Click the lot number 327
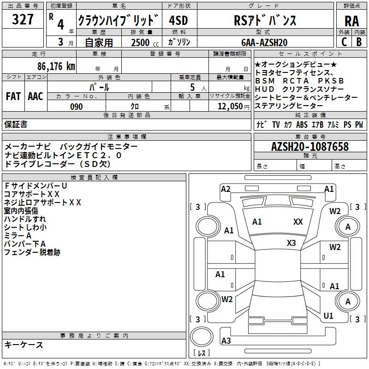pos(23,19)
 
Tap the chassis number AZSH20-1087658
pos(310,147)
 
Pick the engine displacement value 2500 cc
pos(142,42)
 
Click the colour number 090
pos(76,107)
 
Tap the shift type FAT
pos(13,96)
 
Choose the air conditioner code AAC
pos(35,96)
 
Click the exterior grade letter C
pos(344,42)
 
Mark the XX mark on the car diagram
pos(298,222)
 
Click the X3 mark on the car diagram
pos(291,243)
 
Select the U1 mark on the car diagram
pos(328,316)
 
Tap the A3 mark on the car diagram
pos(226,340)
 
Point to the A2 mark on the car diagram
pos(226,189)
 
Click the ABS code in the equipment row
pos(302,125)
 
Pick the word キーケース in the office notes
pos(24,345)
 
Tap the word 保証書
pos(16,125)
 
